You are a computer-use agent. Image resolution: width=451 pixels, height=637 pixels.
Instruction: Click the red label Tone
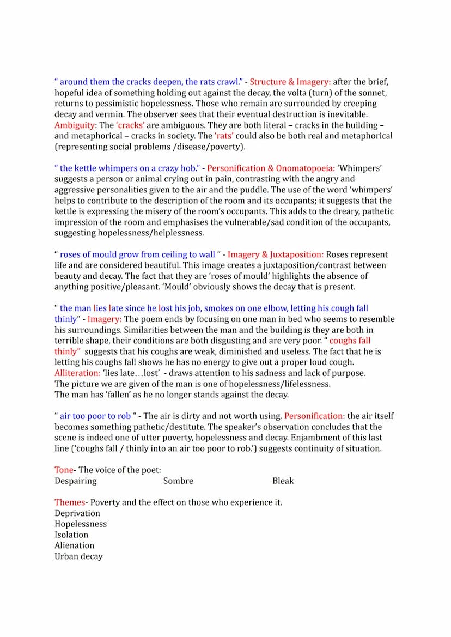pyautogui.click(x=64, y=470)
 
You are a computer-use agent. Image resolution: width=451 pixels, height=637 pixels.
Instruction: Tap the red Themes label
pyautogui.click(x=70, y=502)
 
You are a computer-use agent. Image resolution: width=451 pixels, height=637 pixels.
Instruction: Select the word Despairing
pyautogui.click(x=75, y=481)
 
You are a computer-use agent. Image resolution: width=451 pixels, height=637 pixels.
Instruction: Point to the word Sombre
pyautogui.click(x=178, y=481)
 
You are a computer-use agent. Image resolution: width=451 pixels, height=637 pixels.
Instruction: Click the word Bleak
pyautogui.click(x=283, y=481)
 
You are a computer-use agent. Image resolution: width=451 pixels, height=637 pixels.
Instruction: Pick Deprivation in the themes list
pyautogui.click(x=77, y=513)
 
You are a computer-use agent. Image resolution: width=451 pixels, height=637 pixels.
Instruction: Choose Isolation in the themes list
pyautogui.click(x=71, y=535)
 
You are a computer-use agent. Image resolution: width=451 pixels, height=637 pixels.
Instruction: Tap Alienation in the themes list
pyautogui.click(x=74, y=545)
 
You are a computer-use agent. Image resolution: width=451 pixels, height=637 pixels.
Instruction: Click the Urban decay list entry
pyautogui.click(x=78, y=556)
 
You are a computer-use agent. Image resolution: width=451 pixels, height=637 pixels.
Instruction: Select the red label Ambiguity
pyautogui.click(x=74, y=125)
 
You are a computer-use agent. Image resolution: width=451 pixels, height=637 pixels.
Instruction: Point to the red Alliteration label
pyautogui.click(x=77, y=373)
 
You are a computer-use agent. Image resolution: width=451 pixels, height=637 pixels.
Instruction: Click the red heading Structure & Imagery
pyautogui.click(x=290, y=82)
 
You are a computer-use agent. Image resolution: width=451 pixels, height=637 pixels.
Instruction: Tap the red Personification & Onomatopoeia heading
pyautogui.click(x=271, y=168)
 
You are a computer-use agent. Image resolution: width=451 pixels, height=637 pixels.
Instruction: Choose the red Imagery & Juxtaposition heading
pyautogui.click(x=276, y=254)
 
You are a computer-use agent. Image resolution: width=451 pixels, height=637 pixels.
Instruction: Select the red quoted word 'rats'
pyautogui.click(x=224, y=136)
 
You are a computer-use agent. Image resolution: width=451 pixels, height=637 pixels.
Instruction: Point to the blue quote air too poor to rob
pyautogui.click(x=95, y=416)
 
